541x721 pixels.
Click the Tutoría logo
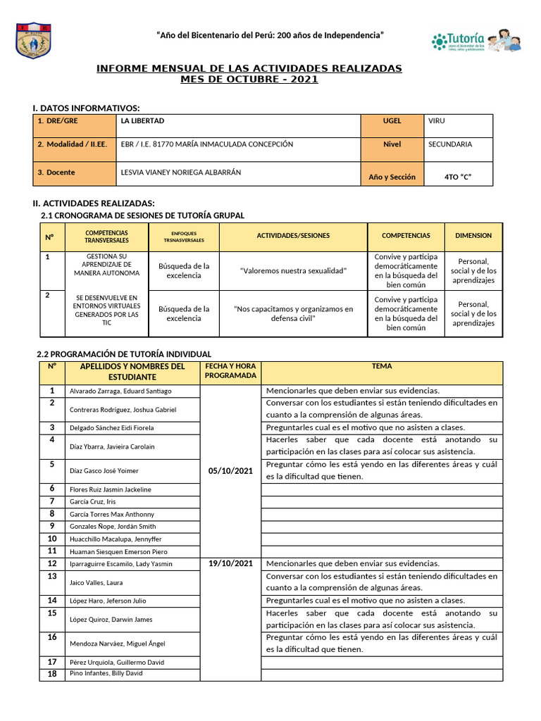click(475, 41)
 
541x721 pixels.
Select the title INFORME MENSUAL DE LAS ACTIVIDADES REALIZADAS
click(249, 68)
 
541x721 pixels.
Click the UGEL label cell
click(392, 121)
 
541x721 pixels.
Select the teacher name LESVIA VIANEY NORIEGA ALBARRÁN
click(181, 172)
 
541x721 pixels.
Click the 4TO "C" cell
click(458, 177)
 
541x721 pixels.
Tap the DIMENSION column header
click(473, 236)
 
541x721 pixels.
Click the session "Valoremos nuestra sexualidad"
click(293, 270)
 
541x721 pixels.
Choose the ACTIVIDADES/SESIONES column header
click(293, 236)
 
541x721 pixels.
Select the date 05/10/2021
click(230, 470)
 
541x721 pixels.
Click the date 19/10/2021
click(230, 563)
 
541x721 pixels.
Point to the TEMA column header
click(381, 366)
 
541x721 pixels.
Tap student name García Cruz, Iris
click(92, 502)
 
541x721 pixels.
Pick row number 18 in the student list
click(51, 674)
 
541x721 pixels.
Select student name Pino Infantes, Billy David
click(106, 674)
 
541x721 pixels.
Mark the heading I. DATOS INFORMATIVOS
click(87, 108)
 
